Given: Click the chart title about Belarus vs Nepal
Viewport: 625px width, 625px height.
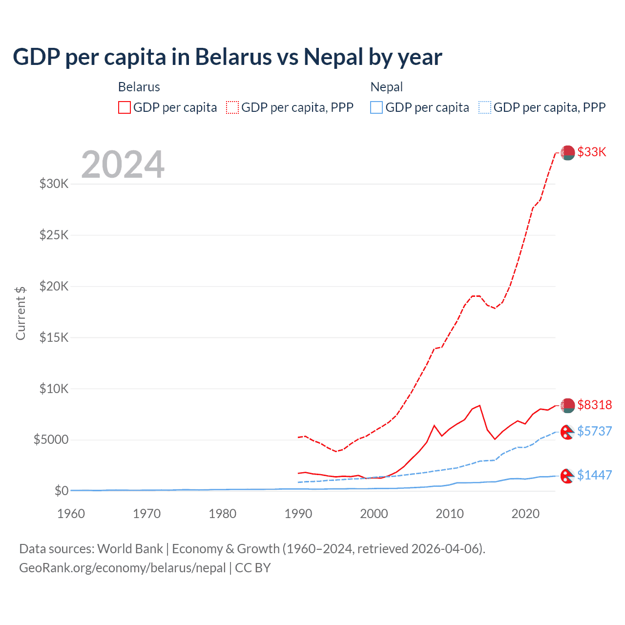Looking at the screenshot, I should point(227,57).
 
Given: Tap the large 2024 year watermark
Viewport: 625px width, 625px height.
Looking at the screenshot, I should point(123,165).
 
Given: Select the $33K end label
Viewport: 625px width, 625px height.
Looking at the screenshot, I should point(591,152).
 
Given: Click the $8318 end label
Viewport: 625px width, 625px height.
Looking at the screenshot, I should point(594,405).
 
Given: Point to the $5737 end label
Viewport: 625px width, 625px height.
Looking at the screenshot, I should point(594,431).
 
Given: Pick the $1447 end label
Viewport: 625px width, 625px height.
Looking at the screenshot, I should point(594,475).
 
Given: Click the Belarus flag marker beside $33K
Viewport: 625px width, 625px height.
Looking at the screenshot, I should point(567,153).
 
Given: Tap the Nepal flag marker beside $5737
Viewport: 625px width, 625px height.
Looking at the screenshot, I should point(567,432).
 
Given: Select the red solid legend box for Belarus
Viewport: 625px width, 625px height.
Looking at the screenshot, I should point(125,107).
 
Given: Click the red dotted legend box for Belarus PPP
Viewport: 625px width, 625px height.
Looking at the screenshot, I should point(233,107).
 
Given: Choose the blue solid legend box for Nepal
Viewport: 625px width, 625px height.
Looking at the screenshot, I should point(376,107).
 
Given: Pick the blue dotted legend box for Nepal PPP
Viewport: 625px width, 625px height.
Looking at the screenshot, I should point(485,107).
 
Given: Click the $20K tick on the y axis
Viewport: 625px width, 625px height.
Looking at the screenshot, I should point(54,286).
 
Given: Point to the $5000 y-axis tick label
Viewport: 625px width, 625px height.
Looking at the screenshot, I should point(51,439).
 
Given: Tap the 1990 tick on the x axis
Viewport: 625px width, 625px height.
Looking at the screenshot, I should point(298,514).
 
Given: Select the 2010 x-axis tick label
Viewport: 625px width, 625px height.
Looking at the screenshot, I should point(450,514).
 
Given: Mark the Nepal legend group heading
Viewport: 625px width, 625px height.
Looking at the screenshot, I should point(387,87).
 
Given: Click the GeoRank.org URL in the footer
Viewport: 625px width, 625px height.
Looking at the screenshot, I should point(122,568).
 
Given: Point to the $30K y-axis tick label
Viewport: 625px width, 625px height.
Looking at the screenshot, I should point(54,184).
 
